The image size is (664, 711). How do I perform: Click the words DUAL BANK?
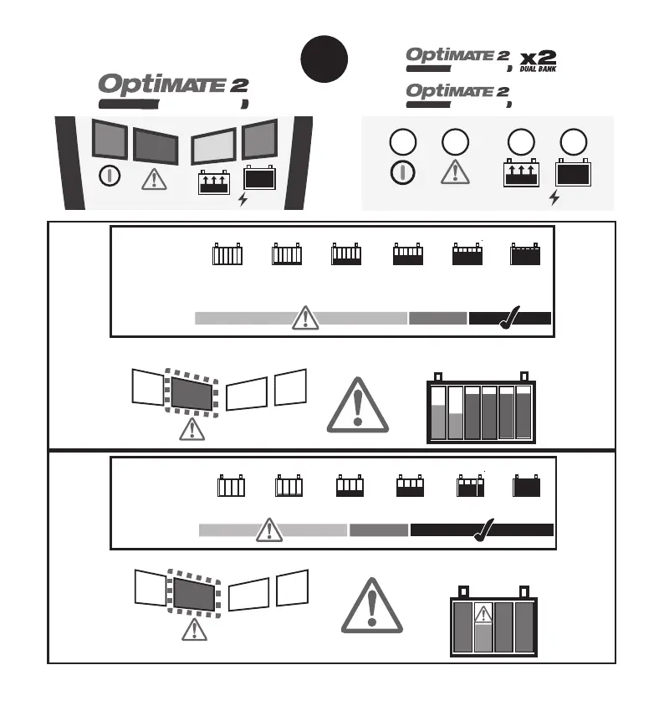[x=537, y=69]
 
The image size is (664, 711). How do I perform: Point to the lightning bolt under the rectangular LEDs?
[x=243, y=201]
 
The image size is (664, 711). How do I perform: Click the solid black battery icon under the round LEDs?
[x=573, y=174]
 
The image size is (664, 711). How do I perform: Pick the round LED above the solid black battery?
[x=573, y=142]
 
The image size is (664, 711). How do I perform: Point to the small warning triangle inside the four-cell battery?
[x=482, y=615]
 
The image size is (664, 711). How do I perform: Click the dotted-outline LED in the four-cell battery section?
[x=194, y=591]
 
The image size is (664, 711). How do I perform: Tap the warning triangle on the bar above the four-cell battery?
[x=268, y=529]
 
